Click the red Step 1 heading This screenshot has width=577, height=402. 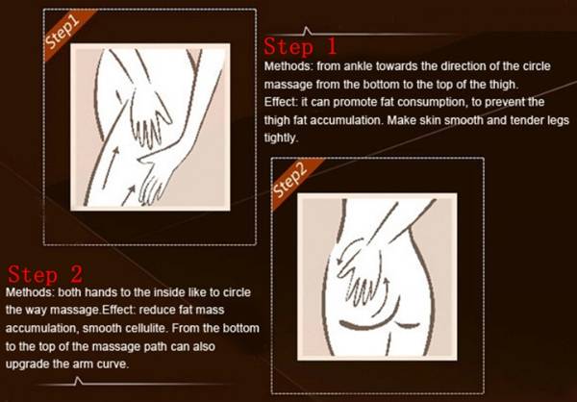tap(300, 47)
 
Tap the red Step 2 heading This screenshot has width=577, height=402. tap(45, 274)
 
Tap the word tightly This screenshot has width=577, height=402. tap(280, 138)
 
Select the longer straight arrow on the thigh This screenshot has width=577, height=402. tap(111, 167)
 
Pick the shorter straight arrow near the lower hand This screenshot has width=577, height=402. tap(129, 195)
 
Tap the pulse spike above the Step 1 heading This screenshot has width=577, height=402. tap(306, 31)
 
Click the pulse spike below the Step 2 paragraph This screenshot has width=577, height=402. tap(77, 381)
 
